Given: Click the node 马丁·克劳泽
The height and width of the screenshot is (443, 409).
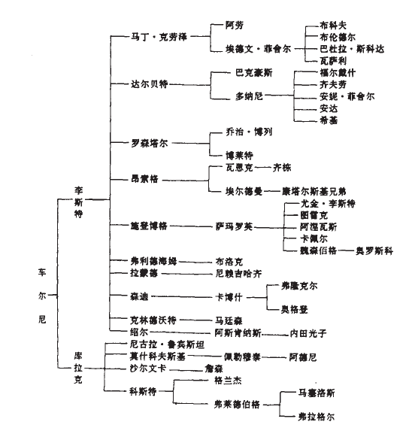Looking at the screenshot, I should (156, 35).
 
